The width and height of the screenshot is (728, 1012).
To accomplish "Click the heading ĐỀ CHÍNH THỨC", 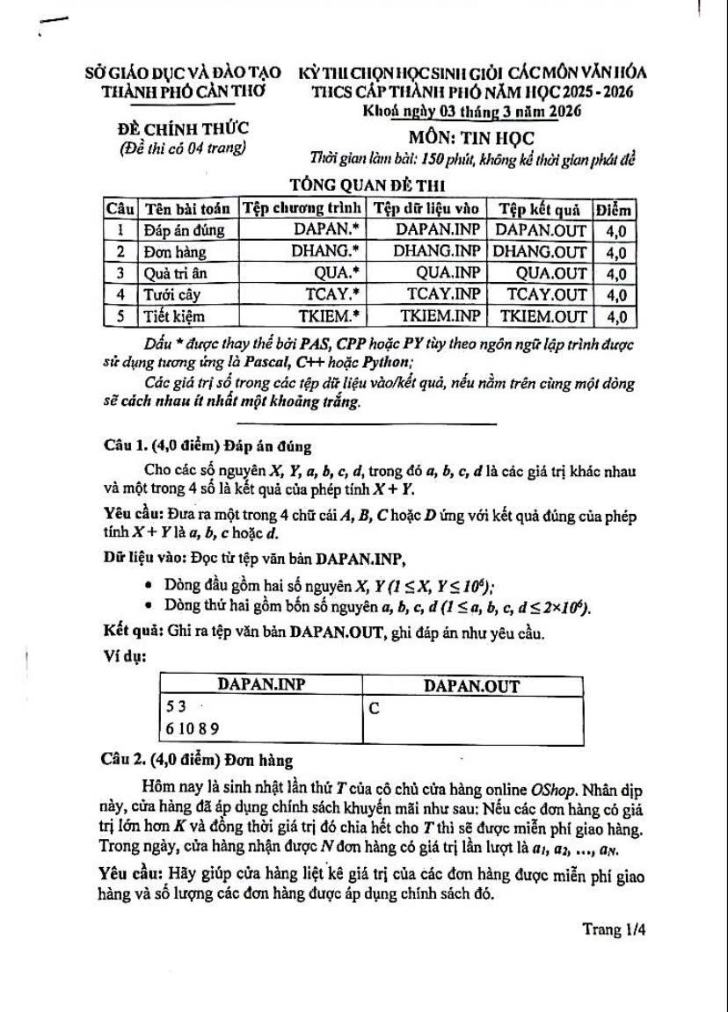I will point(184,129).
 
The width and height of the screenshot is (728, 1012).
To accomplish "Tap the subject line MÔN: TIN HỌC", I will point(471,138).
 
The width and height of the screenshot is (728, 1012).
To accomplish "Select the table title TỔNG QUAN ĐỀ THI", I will point(368,185).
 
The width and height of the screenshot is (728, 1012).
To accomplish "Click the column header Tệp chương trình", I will point(302,208).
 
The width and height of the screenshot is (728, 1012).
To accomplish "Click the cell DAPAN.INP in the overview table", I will point(438,229).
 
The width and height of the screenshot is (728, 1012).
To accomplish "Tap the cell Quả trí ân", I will point(176,273).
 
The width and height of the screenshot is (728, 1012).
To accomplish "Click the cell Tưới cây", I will point(171,294).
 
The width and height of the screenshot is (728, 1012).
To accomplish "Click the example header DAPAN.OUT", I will point(471,686).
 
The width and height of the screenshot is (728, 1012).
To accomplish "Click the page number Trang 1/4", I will point(614,930).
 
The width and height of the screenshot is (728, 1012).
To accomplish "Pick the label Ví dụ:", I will point(124,655).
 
